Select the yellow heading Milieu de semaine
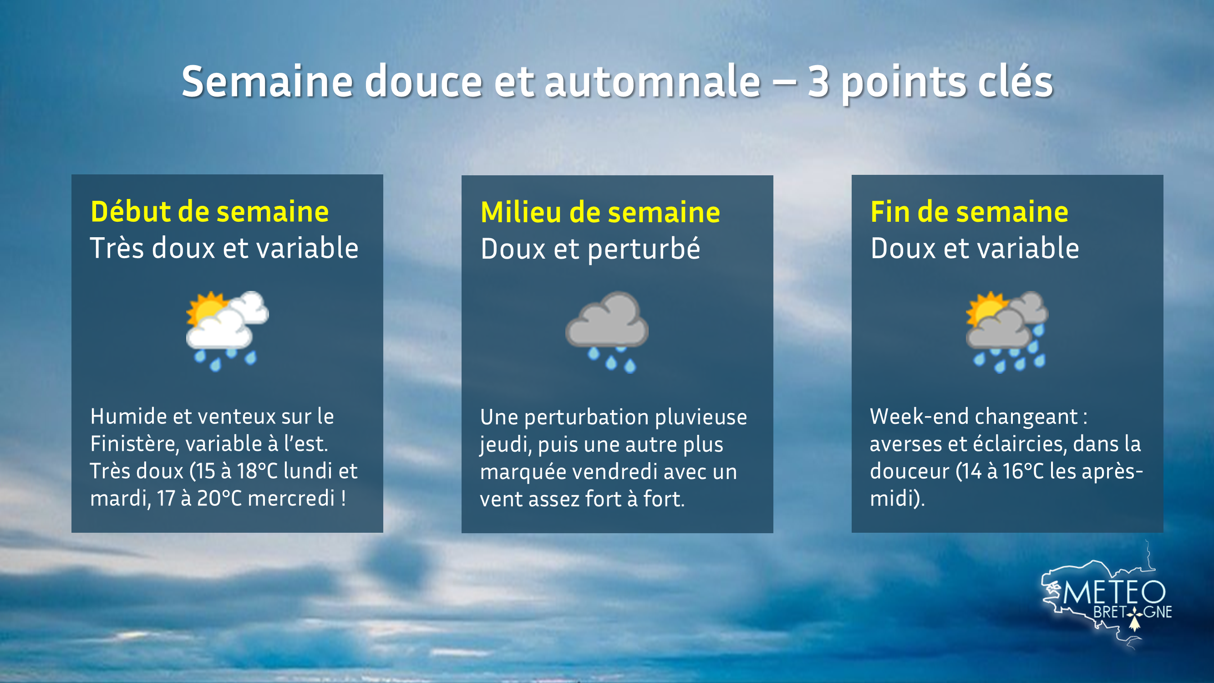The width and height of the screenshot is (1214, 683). tap(600, 213)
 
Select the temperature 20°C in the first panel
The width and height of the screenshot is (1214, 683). tap(219, 499)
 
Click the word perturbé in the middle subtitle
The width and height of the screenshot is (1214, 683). tap(644, 249)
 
